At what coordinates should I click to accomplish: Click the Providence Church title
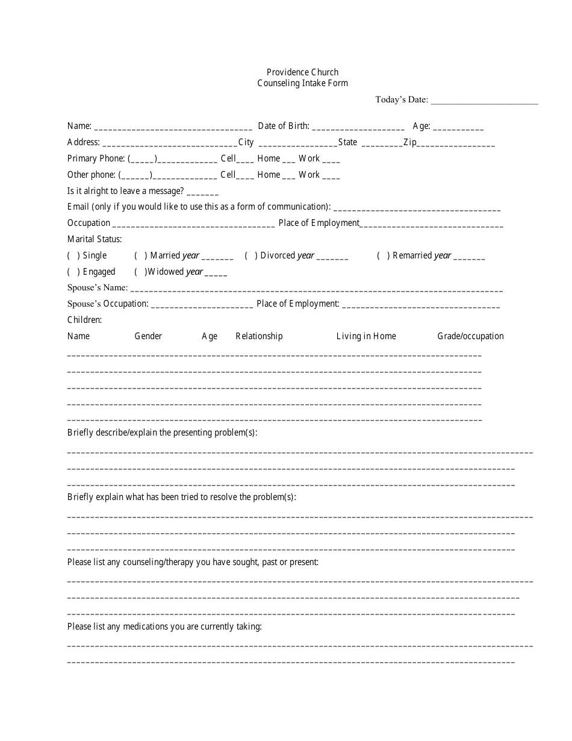click(302, 72)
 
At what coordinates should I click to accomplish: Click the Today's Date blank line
click(484, 101)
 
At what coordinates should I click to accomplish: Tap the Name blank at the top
click(173, 127)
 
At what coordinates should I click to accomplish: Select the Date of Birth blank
click(358, 127)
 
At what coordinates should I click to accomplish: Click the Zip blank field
click(456, 143)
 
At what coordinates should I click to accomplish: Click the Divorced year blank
click(332, 257)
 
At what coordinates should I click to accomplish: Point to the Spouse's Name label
click(98, 287)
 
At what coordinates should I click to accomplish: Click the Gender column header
click(148, 336)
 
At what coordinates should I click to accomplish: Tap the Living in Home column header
click(366, 336)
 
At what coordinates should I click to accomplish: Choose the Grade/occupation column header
click(470, 336)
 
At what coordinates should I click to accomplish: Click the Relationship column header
click(259, 336)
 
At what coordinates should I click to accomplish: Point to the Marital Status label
click(95, 239)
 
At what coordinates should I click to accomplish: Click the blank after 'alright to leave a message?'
click(203, 192)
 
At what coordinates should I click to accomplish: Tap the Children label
click(84, 320)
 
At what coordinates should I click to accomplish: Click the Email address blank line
click(417, 208)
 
